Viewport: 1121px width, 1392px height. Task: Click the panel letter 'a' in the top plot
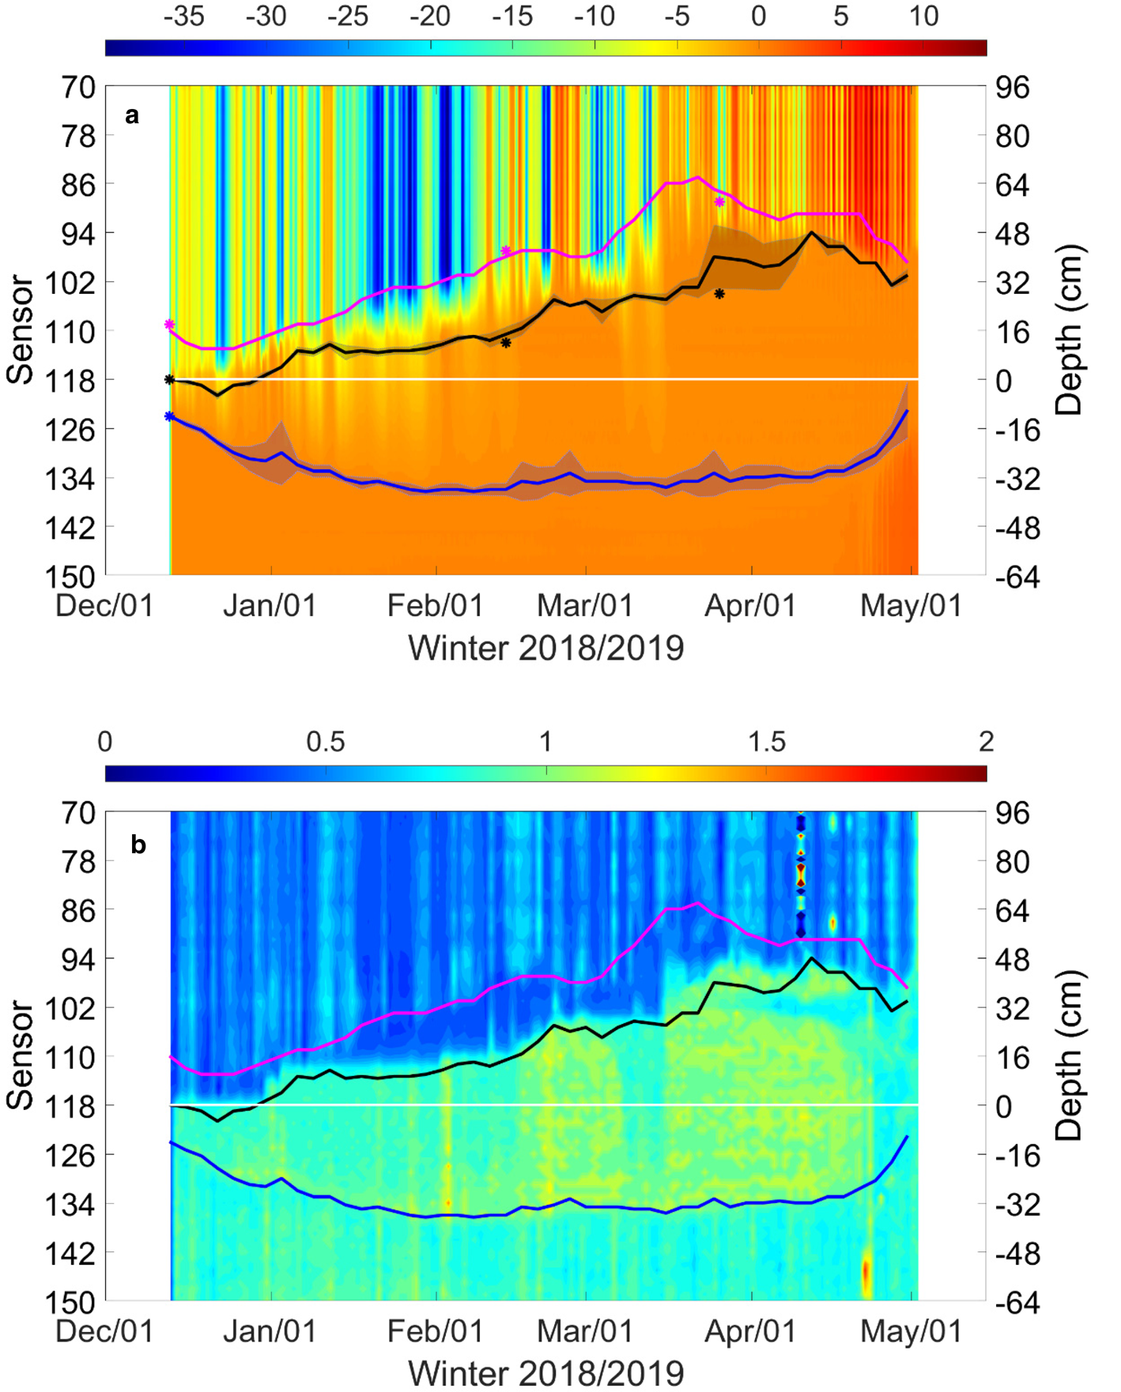coord(132,116)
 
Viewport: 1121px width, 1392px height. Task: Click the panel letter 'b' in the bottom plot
coord(138,845)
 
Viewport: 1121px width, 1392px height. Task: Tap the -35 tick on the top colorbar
coord(183,16)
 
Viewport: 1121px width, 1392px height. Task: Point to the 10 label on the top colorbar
coord(923,16)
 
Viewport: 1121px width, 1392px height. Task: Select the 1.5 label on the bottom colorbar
coord(766,742)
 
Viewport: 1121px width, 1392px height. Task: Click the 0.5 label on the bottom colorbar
coord(326,742)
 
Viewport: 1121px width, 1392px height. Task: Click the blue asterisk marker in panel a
coord(169,416)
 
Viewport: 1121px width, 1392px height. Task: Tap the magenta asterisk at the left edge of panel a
coord(169,325)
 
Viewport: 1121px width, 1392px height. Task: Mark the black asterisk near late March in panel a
coord(719,294)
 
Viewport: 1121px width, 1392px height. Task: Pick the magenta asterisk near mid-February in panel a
coord(506,251)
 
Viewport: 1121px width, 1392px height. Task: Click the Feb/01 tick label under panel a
coord(435,606)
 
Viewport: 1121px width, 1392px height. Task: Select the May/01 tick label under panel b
coord(911,1331)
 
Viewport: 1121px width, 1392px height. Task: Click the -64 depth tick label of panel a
coord(1013,577)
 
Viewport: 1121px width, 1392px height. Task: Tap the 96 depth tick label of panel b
coord(1013,813)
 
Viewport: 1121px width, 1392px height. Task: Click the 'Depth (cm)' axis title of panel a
coord(1069,330)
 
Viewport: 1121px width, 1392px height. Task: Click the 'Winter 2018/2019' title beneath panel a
coord(545,649)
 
